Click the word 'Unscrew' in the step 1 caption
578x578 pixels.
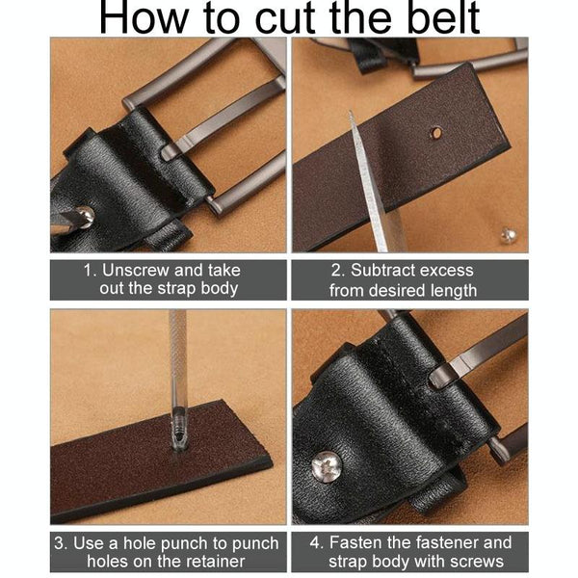(135, 270)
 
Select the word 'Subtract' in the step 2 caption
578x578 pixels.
(381, 270)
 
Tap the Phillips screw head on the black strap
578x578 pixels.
(327, 466)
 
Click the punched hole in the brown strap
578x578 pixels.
(436, 133)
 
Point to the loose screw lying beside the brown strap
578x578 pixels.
(509, 235)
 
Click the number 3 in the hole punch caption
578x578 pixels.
(59, 543)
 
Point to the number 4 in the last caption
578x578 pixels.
(316, 542)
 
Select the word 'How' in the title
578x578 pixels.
(143, 17)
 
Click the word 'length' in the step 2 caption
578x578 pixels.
(455, 291)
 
